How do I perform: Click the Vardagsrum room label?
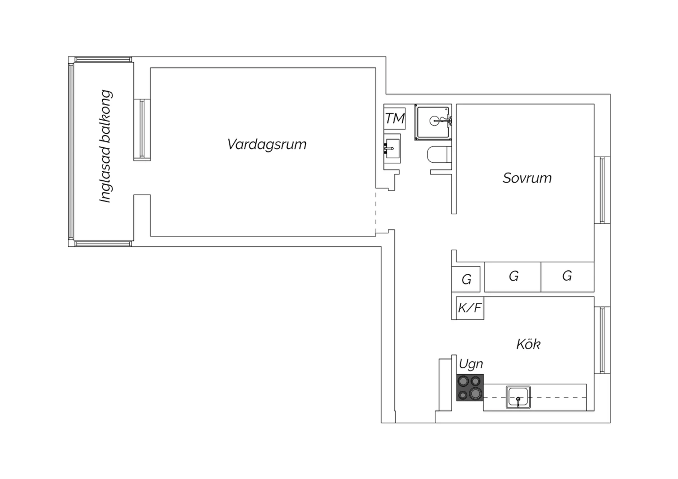point(267,145)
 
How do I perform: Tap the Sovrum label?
point(527,178)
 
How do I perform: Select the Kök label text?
point(528,344)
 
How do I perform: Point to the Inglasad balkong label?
point(106,146)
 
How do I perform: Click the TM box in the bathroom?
point(395,118)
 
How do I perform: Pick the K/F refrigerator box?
point(470,308)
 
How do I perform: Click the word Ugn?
point(471,364)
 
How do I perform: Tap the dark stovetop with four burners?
point(470,388)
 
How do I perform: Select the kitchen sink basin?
point(518,397)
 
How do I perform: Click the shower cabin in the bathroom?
point(433,122)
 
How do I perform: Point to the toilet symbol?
point(439,155)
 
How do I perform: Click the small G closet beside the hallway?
point(466,279)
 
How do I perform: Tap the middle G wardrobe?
point(513,277)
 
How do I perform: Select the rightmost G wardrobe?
point(568,277)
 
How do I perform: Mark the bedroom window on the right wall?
point(602,190)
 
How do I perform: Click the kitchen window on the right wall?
point(602,340)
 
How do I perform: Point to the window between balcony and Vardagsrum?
point(142,130)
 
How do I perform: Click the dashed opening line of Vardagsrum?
point(376,212)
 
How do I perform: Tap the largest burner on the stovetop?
point(476,393)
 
